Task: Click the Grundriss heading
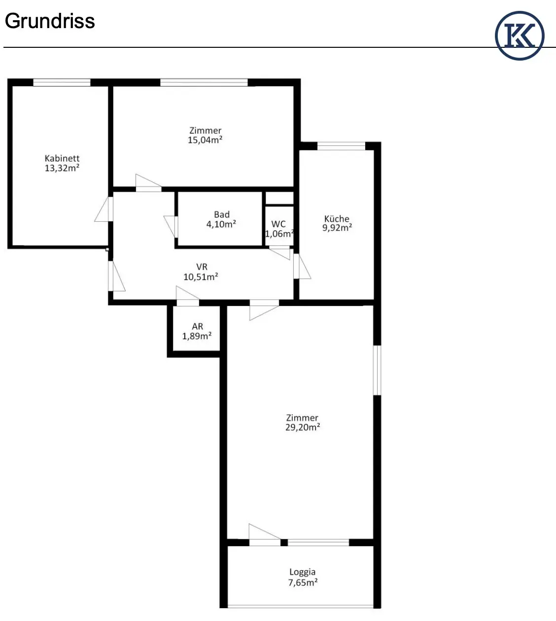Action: point(50,22)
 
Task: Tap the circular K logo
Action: point(520,35)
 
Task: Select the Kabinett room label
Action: point(62,159)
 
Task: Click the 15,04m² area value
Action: point(205,140)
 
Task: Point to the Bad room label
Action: point(222,214)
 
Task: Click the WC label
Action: point(278,224)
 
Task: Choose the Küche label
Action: point(337,218)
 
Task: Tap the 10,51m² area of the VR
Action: point(201,277)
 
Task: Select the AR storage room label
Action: point(197,326)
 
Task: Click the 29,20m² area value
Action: point(303,427)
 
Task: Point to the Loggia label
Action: point(302,572)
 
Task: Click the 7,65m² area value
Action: point(303,583)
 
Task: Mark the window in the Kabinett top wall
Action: point(62,82)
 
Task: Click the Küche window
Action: point(341,146)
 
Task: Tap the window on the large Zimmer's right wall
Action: point(377,370)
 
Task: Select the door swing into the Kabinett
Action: point(104,209)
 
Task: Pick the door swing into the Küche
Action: point(302,266)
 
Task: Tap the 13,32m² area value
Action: point(62,168)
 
